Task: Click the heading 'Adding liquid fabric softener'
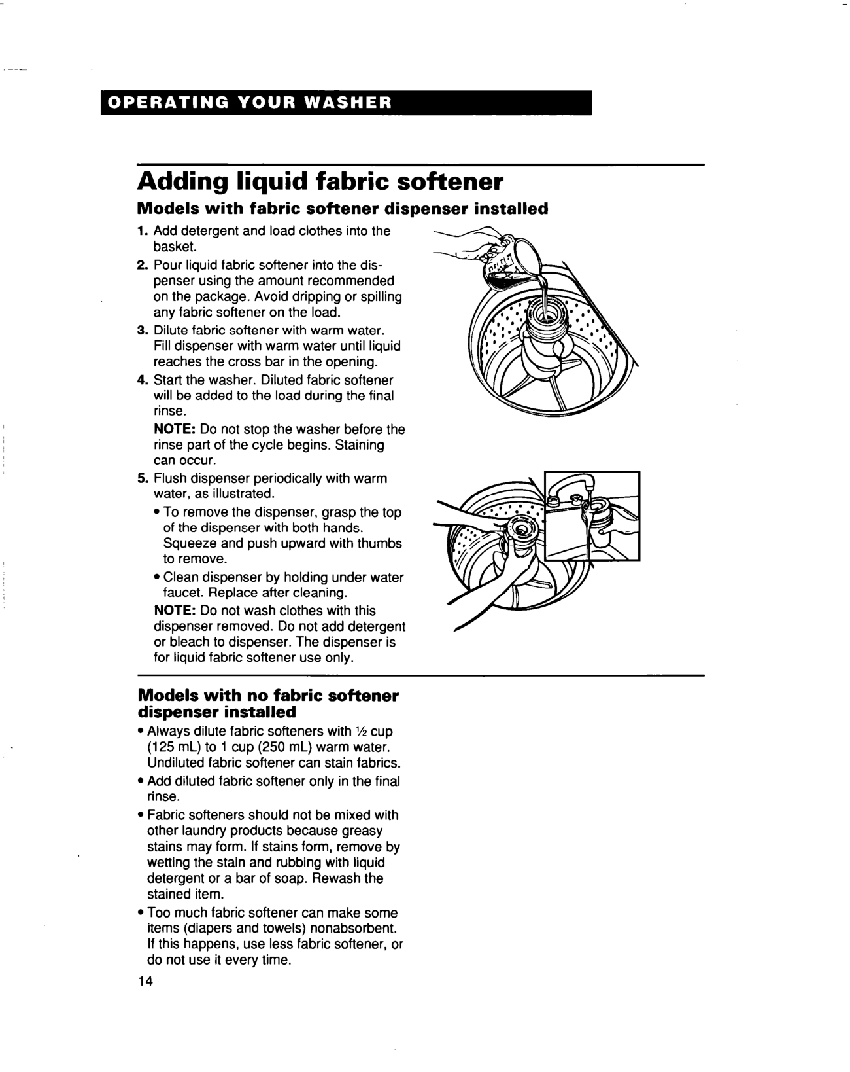point(320,180)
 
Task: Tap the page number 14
point(144,982)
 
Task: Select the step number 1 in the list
point(141,231)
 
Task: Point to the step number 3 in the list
point(141,330)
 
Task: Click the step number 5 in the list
point(141,478)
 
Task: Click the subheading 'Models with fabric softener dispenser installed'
point(342,209)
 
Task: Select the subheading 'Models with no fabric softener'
point(267,695)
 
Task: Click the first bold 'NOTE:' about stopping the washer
point(175,430)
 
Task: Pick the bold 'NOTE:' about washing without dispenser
point(175,611)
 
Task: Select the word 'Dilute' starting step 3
point(171,330)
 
